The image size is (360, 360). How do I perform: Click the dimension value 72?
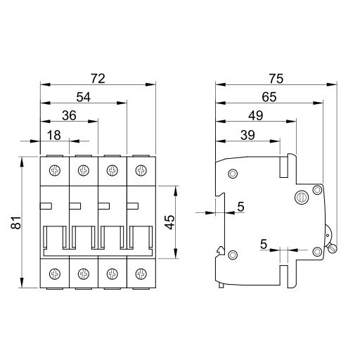click(98, 78)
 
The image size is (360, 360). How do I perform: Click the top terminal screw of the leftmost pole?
click(55, 170)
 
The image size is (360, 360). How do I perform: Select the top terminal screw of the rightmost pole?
click(140, 170)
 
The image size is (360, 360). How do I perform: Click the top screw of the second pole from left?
click(83, 170)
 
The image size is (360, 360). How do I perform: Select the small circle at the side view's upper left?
click(233, 174)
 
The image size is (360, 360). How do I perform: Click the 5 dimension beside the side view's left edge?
click(240, 206)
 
